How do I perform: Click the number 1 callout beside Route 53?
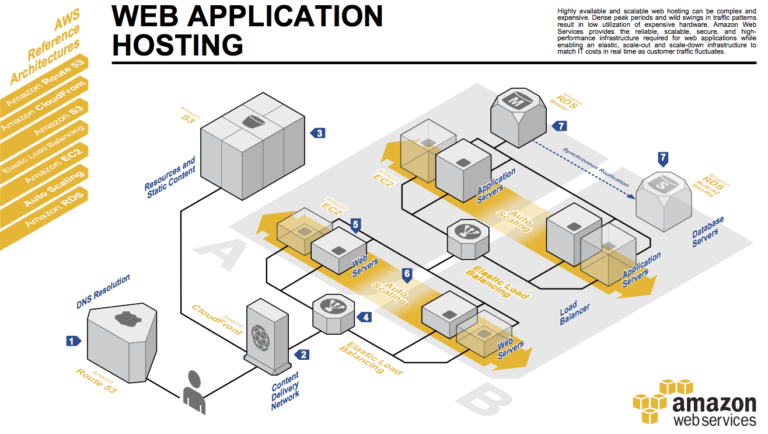point(72,341)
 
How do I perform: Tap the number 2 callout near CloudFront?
point(302,354)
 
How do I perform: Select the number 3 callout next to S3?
point(318,133)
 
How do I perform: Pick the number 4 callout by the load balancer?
point(365,317)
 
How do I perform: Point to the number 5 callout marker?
point(356,224)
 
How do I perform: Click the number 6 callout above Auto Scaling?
point(407,273)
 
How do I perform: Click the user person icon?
point(194,393)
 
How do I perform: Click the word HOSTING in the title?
point(177,45)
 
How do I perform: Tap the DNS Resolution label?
point(103,292)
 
